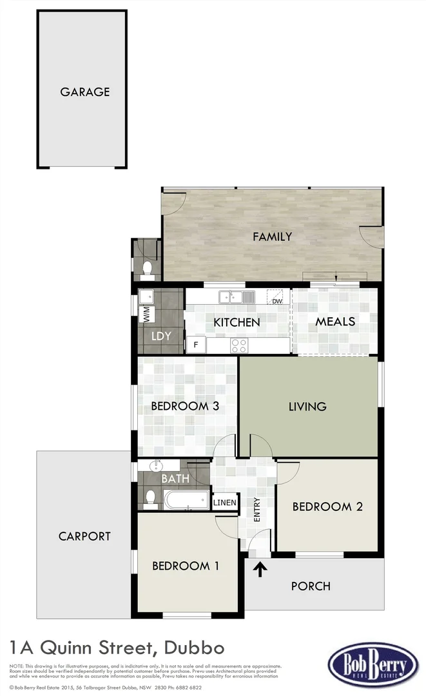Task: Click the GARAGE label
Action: pyautogui.click(x=84, y=92)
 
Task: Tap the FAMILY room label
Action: pyautogui.click(x=272, y=237)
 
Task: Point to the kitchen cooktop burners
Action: pyautogui.click(x=239, y=345)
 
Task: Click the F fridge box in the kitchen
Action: pyautogui.click(x=196, y=345)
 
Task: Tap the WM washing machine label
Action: pyautogui.click(x=146, y=315)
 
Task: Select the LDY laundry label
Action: pyautogui.click(x=160, y=336)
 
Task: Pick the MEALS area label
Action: pyautogui.click(x=335, y=321)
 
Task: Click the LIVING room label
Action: pyautogui.click(x=307, y=406)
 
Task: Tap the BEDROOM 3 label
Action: pyautogui.click(x=185, y=406)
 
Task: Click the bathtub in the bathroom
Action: pyautogui.click(x=186, y=499)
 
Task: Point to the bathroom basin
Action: pyautogui.click(x=154, y=465)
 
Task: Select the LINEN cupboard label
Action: pyautogui.click(x=225, y=503)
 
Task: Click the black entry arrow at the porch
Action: pyautogui.click(x=260, y=569)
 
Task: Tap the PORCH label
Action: pyautogui.click(x=311, y=586)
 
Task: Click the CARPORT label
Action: pyautogui.click(x=84, y=536)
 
